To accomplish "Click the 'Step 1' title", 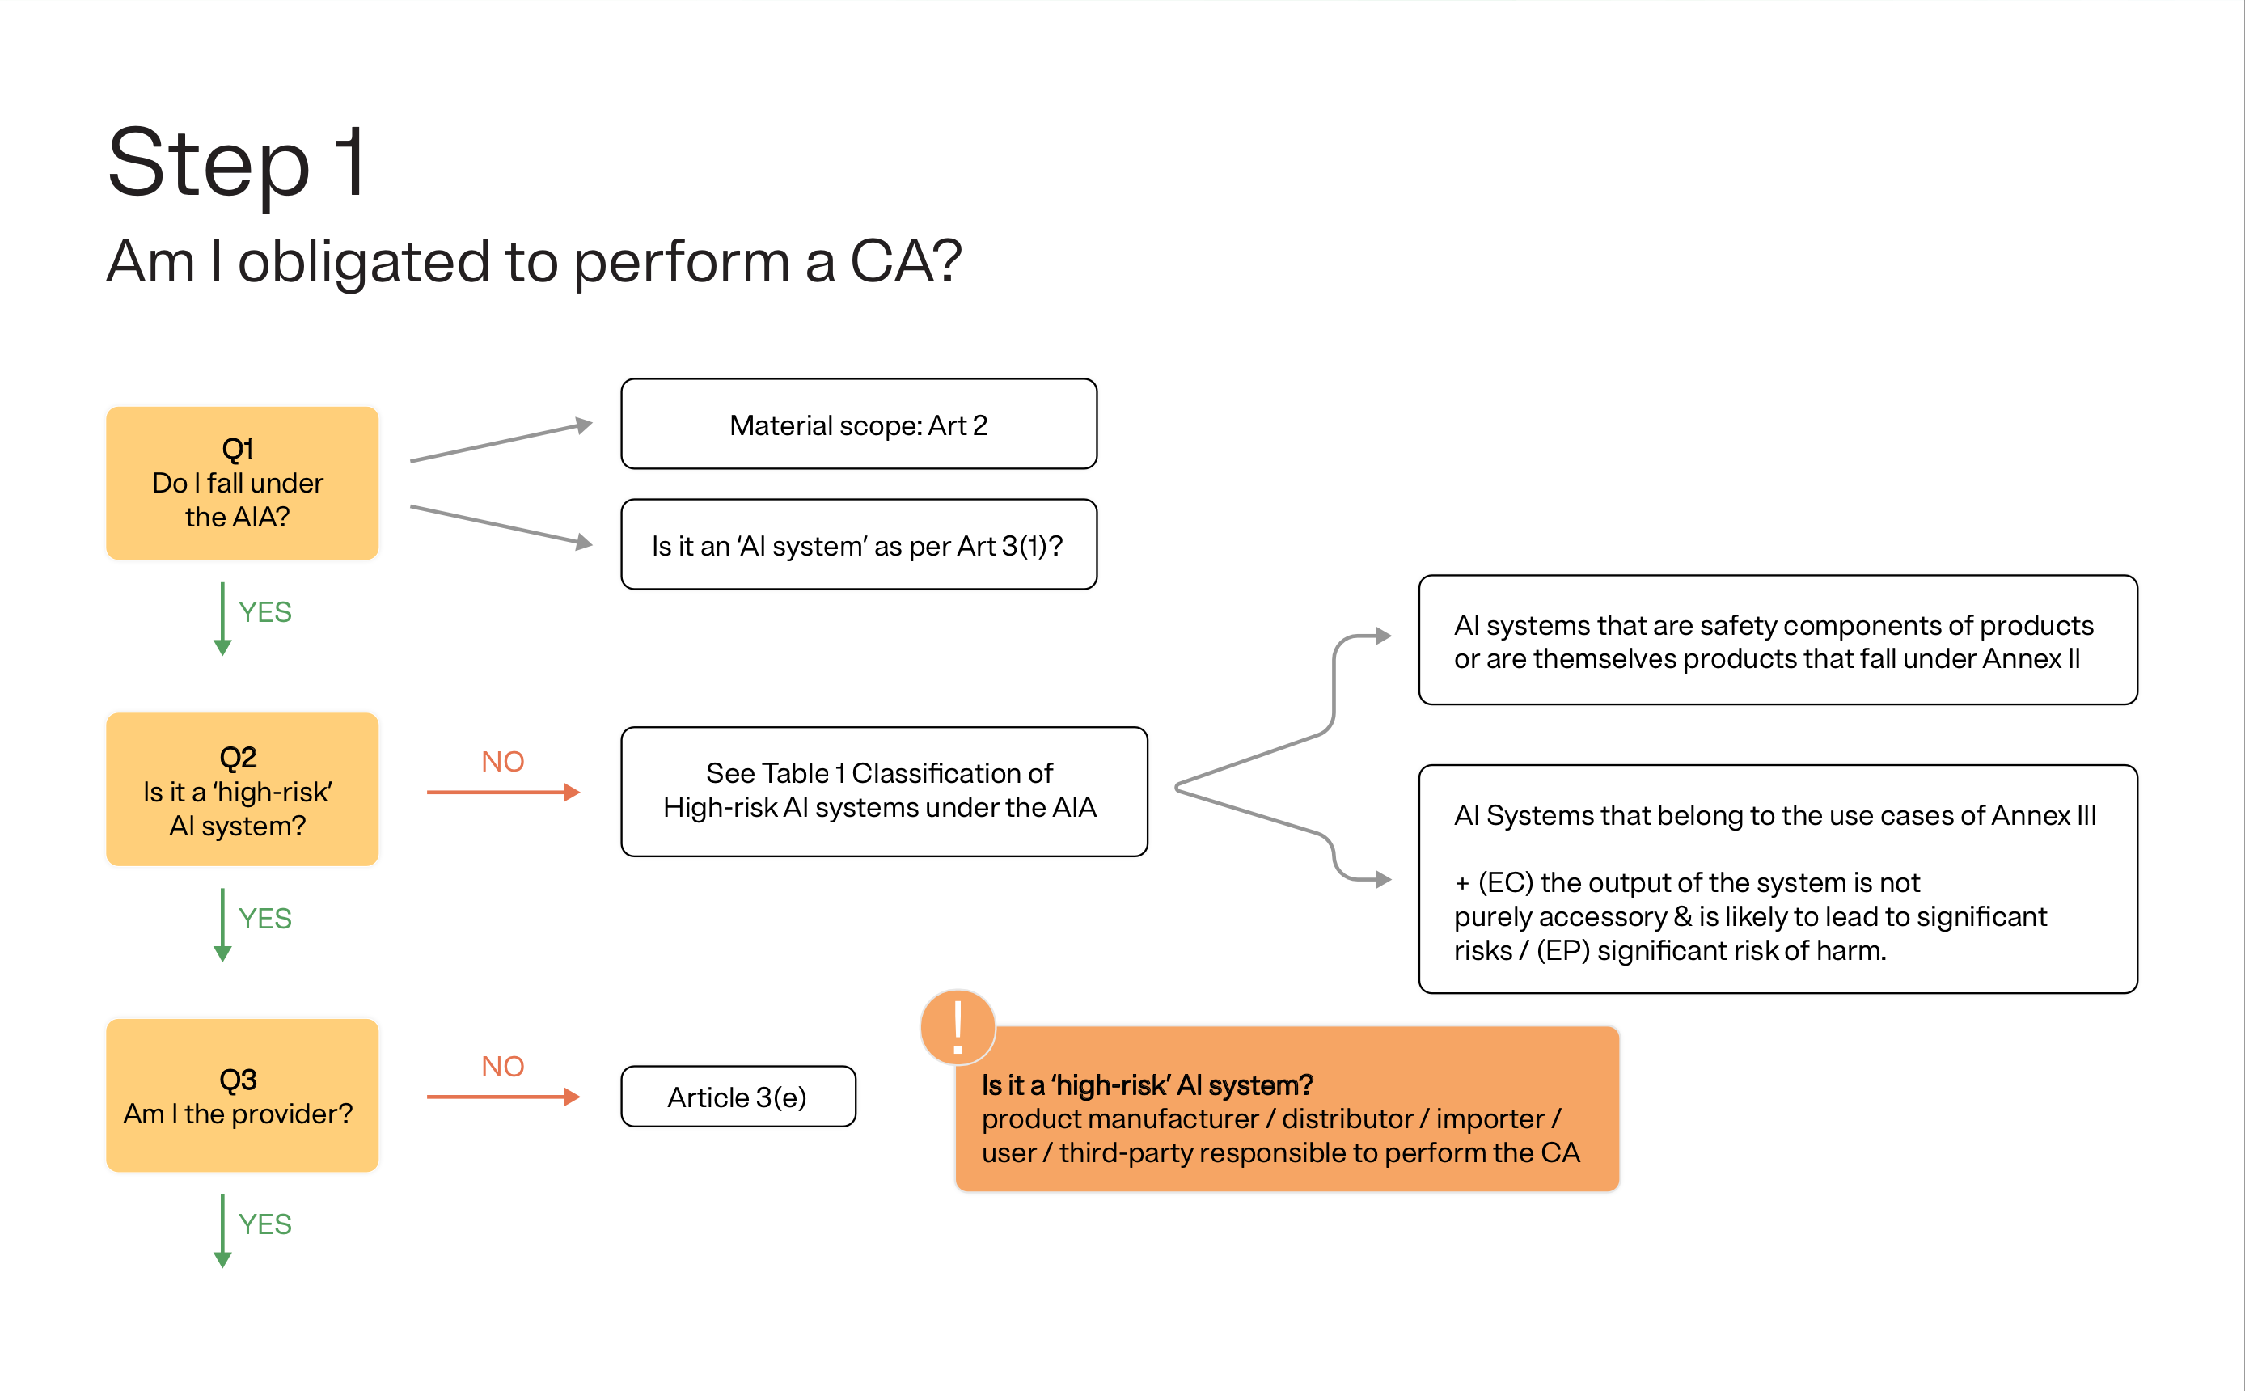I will [237, 163].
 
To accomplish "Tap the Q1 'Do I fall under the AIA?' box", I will [242, 483].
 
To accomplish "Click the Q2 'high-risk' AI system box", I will [242, 789].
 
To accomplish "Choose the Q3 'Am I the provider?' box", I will [242, 1095].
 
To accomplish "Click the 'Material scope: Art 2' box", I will [858, 424].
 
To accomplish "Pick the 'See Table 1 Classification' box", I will [883, 791].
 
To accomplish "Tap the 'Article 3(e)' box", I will [738, 1097].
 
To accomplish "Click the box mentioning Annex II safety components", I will [1777, 641].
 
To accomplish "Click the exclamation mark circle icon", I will [958, 1028].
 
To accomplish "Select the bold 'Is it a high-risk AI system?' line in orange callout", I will [1147, 1084].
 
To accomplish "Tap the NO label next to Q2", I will [502, 762].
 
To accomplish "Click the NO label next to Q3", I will [502, 1066].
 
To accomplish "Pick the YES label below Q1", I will [265, 611].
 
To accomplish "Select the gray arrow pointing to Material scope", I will [501, 442].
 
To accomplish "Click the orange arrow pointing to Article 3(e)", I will [502, 1097].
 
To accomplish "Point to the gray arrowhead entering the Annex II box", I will [1382, 636].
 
